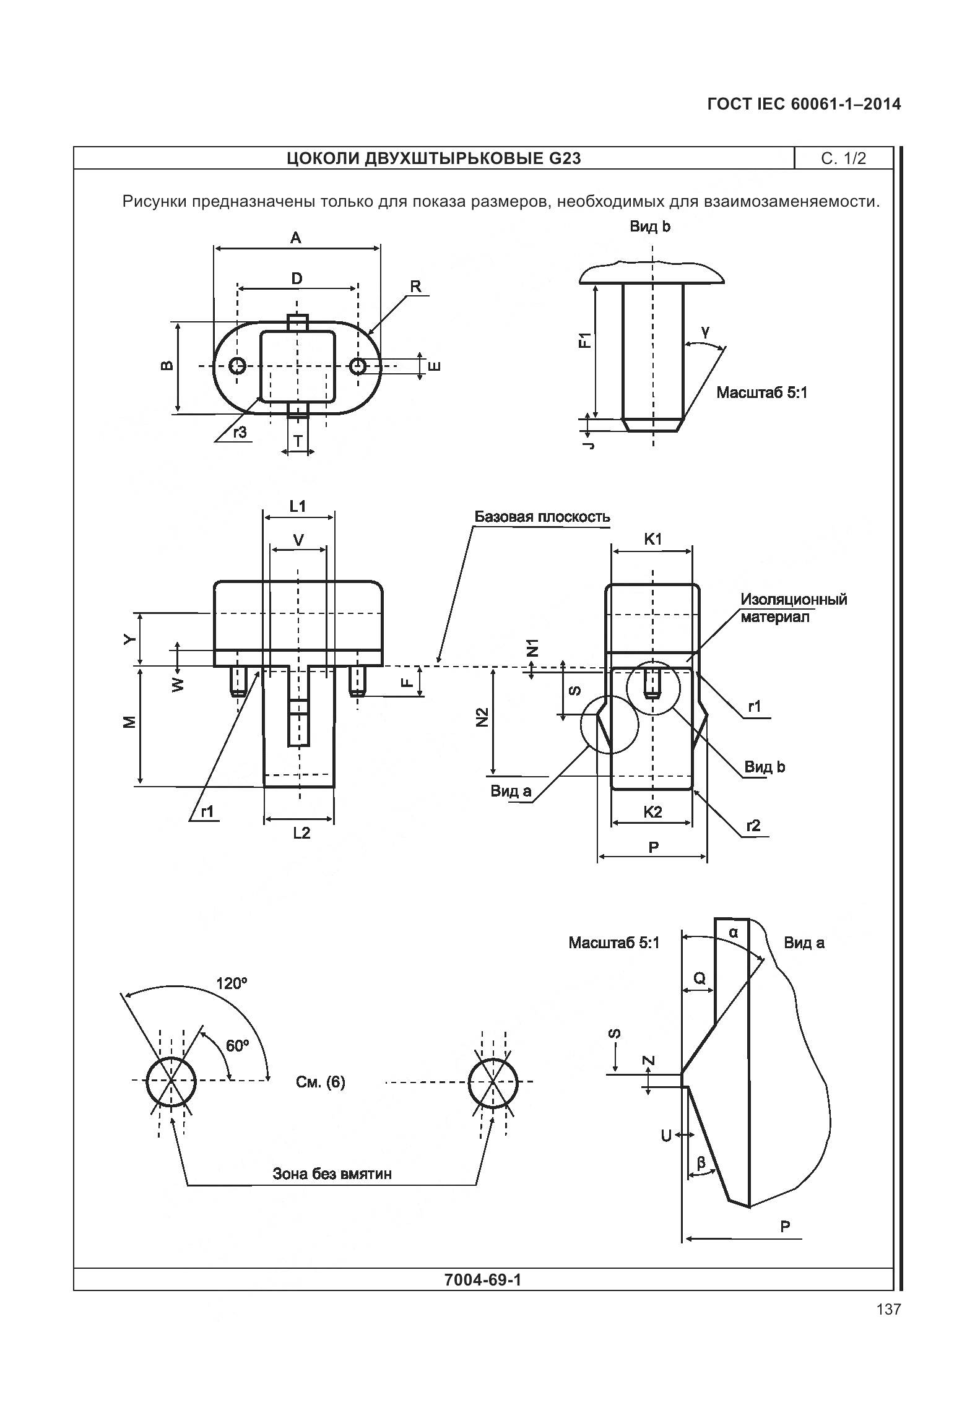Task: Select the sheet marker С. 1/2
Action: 843,158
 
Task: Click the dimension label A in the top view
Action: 296,238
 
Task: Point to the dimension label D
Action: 297,279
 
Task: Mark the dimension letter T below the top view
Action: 298,441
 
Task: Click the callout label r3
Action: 240,433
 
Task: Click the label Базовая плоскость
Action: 542,517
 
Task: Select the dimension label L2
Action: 301,833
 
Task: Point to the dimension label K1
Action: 652,539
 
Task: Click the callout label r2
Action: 753,826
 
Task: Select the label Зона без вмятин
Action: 332,1174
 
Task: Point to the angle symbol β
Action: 701,1163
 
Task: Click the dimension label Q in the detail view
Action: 699,978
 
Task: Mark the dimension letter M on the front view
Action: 129,722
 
